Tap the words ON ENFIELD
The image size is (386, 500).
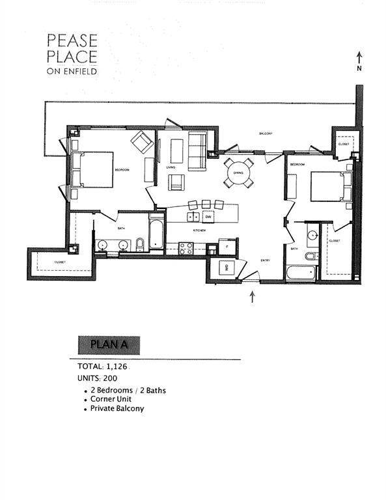pos(72,71)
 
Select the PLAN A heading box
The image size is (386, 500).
pos(107,344)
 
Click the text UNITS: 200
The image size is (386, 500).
pos(98,378)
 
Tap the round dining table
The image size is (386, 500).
pos(239,173)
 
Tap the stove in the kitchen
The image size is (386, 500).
pos(186,248)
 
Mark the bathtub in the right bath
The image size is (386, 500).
pos(302,273)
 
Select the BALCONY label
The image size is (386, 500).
pos(265,133)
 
